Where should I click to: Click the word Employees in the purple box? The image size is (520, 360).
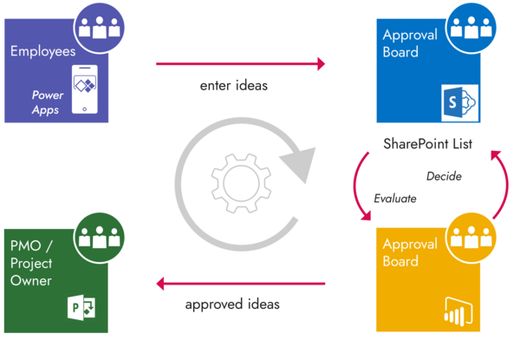[44, 51]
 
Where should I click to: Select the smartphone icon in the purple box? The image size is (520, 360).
[84, 88]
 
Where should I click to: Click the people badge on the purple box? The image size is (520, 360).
[101, 27]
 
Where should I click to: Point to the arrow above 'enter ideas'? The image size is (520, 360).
[240, 63]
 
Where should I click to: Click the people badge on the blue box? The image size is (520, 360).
[472, 27]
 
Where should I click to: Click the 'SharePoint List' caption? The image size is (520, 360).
[427, 144]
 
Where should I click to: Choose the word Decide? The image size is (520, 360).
[444, 176]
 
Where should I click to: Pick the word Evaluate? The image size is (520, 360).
[394, 199]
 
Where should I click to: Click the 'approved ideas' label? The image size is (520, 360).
[232, 305]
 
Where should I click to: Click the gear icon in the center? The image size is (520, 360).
[236, 180]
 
